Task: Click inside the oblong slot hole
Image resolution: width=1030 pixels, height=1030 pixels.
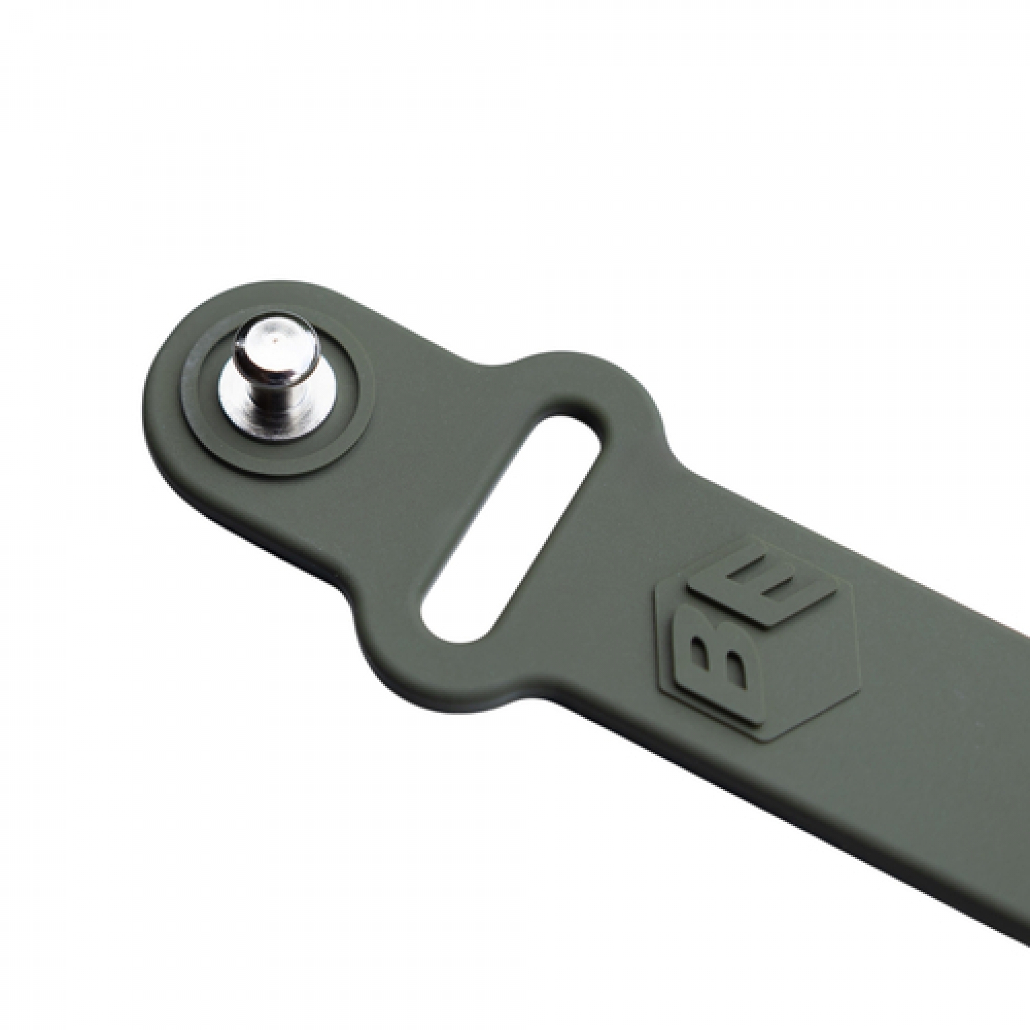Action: pyautogui.click(x=512, y=525)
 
